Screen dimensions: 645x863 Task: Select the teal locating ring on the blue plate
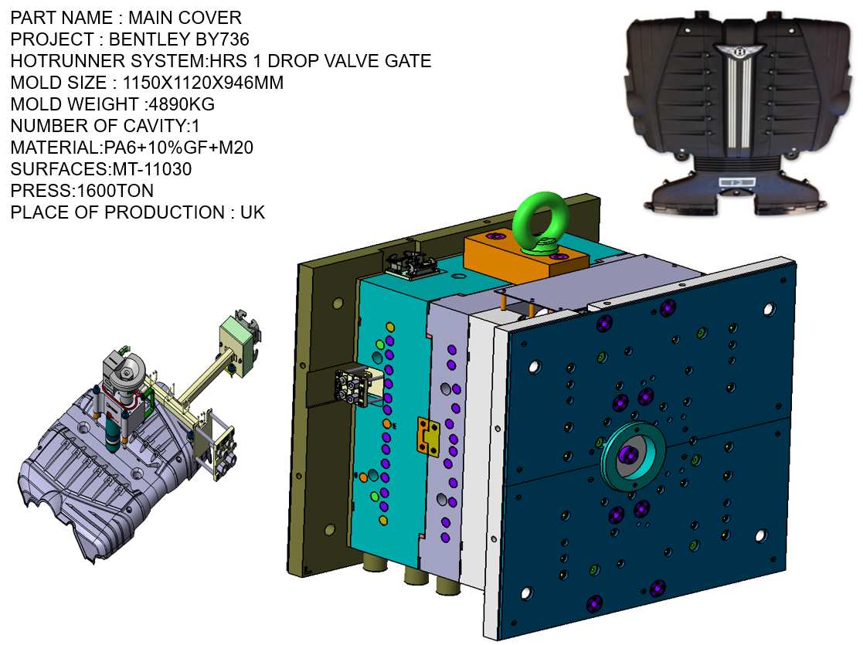634,456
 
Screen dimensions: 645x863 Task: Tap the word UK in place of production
253,212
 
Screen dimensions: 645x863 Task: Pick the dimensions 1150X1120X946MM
203,82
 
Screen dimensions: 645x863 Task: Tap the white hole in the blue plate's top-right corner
768,309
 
